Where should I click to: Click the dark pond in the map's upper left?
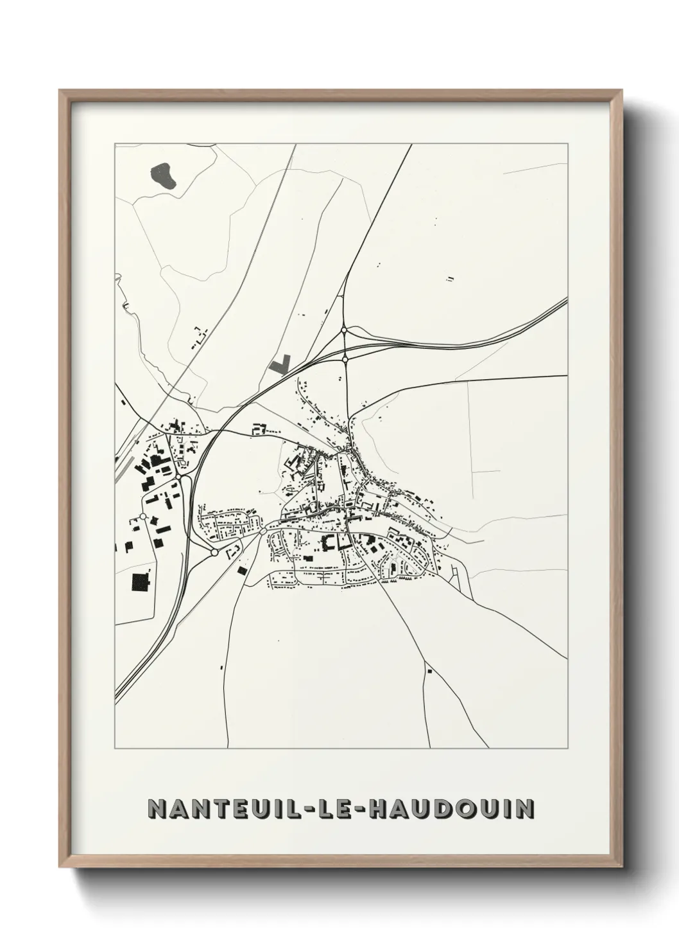(x=163, y=175)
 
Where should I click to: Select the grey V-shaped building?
(x=280, y=364)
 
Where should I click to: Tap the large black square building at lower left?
(x=139, y=582)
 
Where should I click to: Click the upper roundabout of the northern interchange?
(x=345, y=330)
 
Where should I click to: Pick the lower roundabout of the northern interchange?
(x=345, y=359)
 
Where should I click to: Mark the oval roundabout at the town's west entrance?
(x=262, y=531)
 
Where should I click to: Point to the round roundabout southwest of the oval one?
(x=214, y=552)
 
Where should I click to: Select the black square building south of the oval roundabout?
(x=242, y=570)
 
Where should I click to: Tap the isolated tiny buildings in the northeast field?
(x=451, y=279)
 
